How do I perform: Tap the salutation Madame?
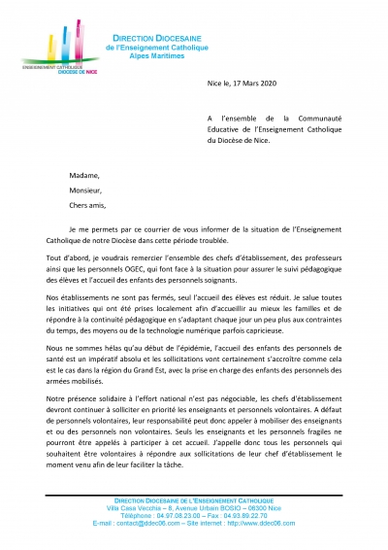82,174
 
